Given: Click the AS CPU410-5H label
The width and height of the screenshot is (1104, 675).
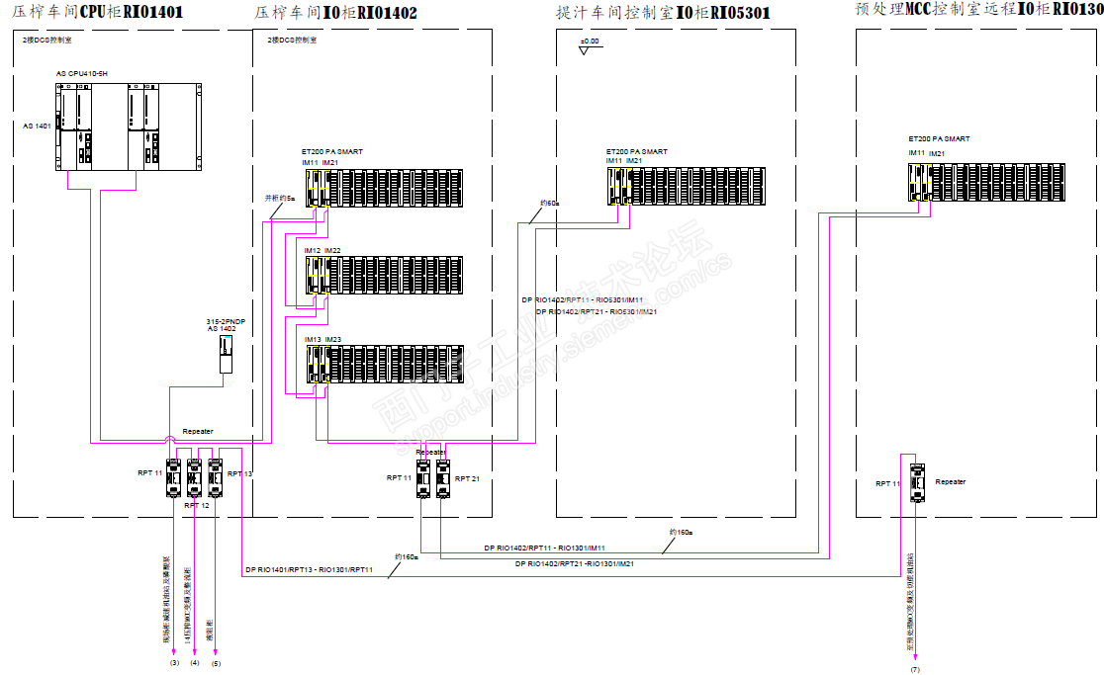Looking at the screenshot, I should click(81, 74).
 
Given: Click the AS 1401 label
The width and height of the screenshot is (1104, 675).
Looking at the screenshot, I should click(37, 127).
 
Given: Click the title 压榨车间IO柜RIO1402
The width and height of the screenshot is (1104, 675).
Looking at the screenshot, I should click(336, 13).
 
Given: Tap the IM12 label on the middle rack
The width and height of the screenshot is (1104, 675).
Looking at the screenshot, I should click(312, 251).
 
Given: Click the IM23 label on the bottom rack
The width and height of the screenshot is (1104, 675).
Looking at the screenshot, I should click(333, 340).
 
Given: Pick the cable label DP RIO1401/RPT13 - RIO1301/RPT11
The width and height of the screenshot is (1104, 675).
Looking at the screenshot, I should click(308, 570).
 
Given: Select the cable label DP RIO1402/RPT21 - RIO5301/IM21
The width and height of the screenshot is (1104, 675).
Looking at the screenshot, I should click(598, 311).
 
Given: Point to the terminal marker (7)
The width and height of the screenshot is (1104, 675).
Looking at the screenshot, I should click(915, 670).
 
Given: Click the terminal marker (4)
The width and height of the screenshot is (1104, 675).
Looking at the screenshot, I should click(194, 663).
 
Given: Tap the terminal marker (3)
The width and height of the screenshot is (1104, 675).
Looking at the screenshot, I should click(174, 663).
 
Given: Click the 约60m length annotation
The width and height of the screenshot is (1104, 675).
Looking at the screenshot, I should click(549, 204).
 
